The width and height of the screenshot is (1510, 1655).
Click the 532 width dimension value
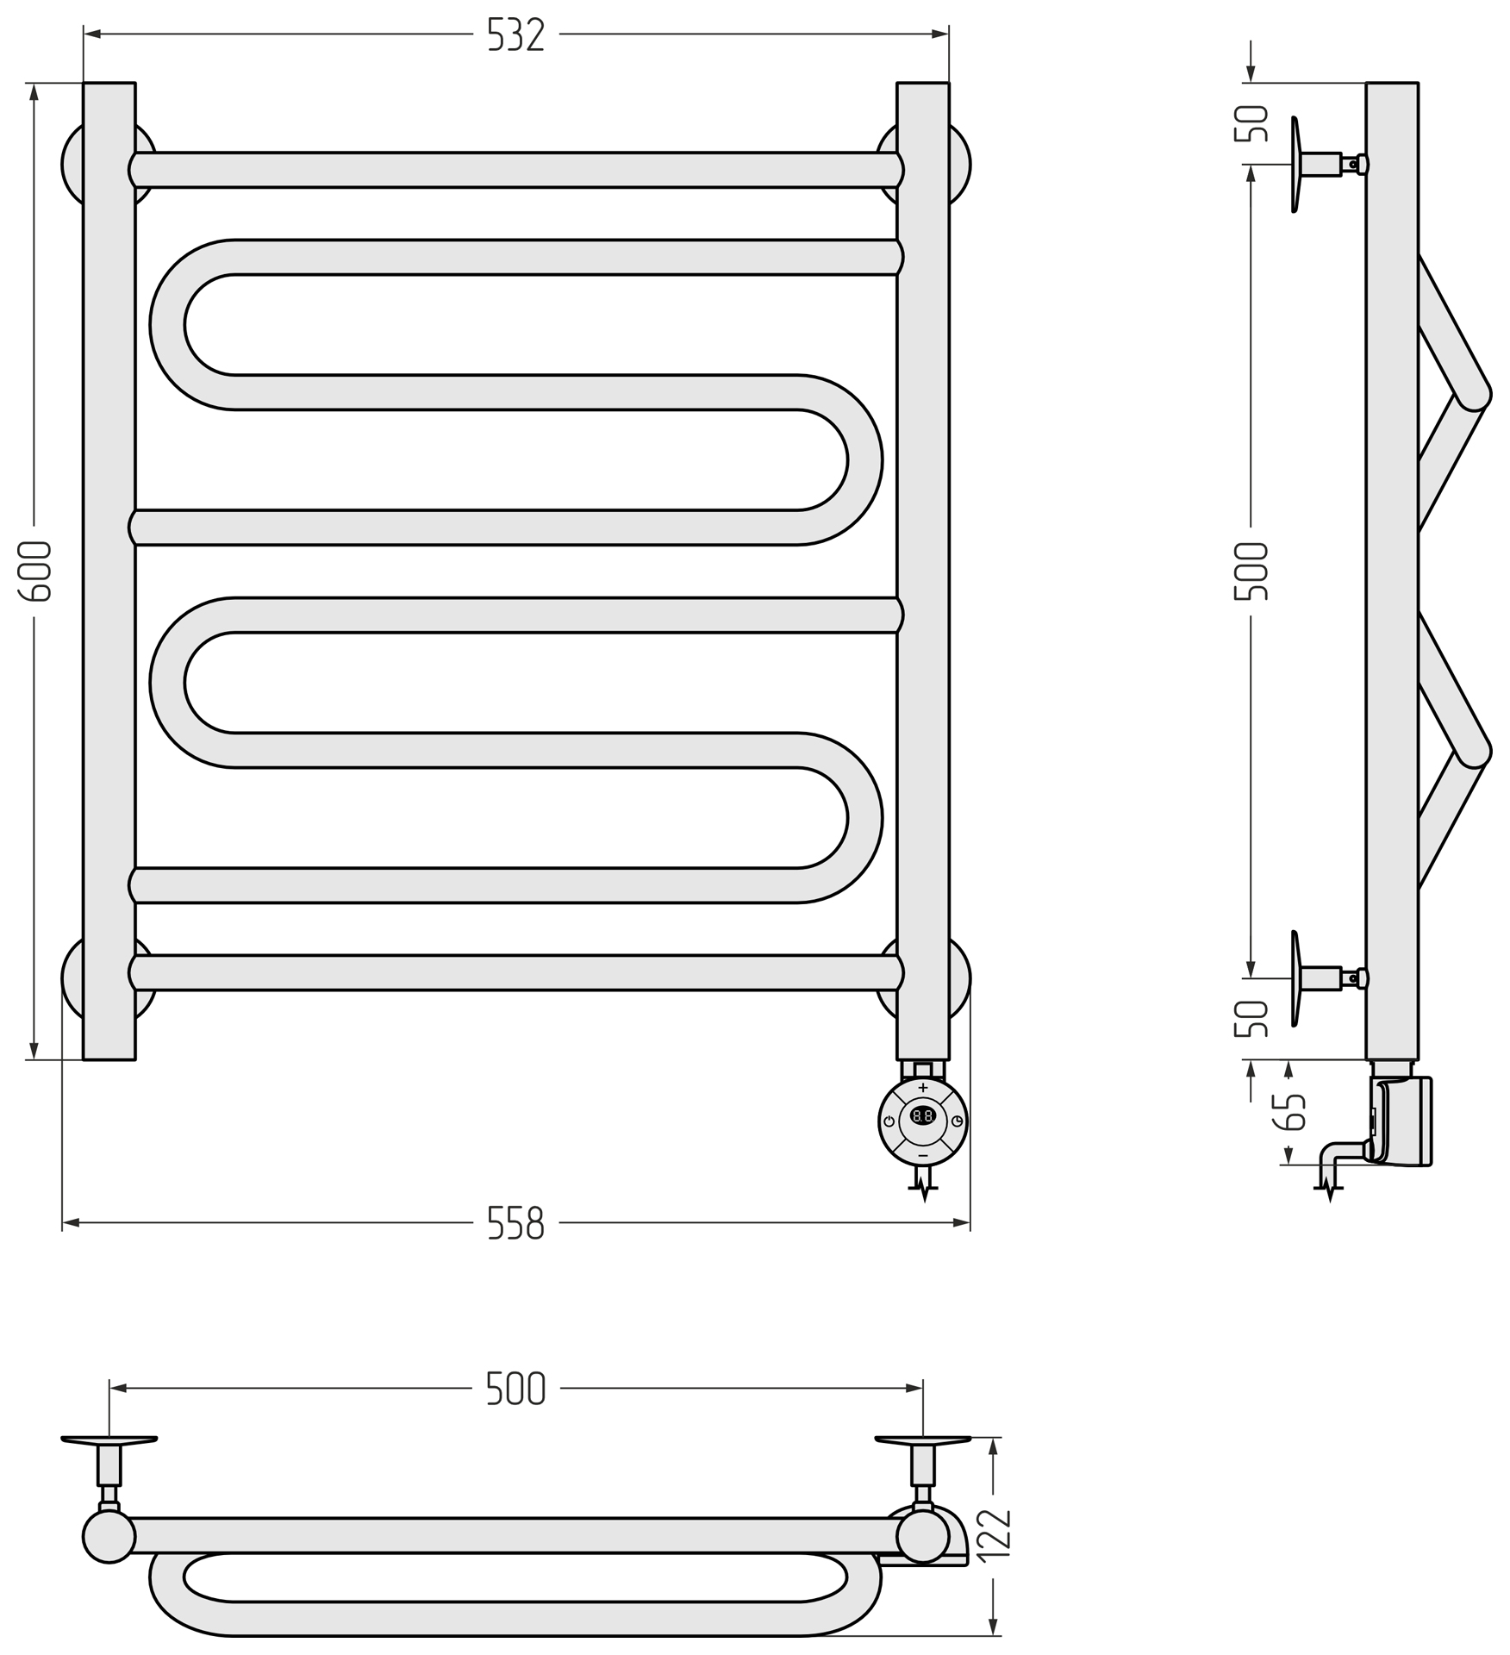tap(516, 34)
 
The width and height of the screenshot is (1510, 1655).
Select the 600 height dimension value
tap(35, 571)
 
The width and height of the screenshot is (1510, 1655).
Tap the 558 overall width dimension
tap(516, 1222)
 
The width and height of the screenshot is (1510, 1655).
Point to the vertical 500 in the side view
tap(1251, 571)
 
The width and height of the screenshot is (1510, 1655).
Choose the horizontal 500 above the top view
tap(516, 1388)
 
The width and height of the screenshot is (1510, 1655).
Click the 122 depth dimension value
tap(994, 1533)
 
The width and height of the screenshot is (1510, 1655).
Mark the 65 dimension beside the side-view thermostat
tap(1289, 1112)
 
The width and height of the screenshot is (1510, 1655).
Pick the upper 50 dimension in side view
tap(1251, 123)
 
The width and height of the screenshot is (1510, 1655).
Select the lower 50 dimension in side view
tap(1251, 1019)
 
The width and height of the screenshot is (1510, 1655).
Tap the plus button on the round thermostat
tap(923, 1088)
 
